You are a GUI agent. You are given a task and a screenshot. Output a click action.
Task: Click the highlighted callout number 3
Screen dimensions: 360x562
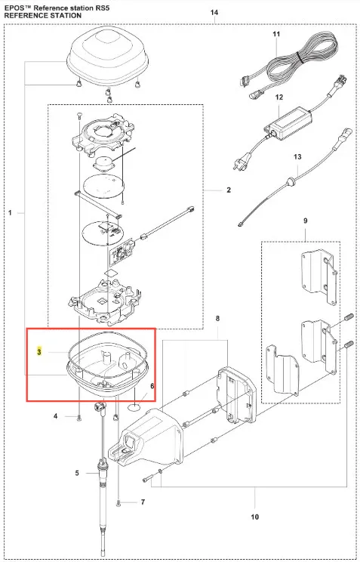[x=39, y=351]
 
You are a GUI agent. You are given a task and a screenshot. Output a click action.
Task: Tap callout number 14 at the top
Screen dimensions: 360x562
[x=214, y=13]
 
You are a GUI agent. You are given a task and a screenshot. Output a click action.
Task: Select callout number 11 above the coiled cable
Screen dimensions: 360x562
[x=276, y=34]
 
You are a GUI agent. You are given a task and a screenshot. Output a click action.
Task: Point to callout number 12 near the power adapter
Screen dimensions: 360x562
[x=279, y=97]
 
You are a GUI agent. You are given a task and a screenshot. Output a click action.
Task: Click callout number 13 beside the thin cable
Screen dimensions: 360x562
[x=297, y=156]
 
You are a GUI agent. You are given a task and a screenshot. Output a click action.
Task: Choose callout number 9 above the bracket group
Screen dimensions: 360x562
[x=305, y=221]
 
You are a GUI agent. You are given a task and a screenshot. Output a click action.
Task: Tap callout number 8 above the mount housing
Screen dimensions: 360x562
[x=217, y=318]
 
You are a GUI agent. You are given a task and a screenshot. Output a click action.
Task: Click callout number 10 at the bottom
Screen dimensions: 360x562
[x=254, y=517]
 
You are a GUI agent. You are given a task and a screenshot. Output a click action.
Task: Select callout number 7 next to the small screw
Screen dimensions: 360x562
[x=143, y=502]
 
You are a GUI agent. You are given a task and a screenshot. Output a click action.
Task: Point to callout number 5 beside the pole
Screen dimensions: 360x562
[x=77, y=473]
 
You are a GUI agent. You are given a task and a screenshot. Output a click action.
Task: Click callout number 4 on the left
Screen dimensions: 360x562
[x=56, y=416]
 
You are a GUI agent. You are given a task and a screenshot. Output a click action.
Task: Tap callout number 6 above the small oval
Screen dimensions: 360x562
[x=152, y=386]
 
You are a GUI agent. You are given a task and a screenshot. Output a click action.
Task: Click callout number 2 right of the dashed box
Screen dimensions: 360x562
[x=229, y=190]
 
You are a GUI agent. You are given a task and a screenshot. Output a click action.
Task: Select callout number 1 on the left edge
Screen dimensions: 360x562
[x=10, y=213]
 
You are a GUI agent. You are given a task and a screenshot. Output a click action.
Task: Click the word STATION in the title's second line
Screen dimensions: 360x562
[x=66, y=15]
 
